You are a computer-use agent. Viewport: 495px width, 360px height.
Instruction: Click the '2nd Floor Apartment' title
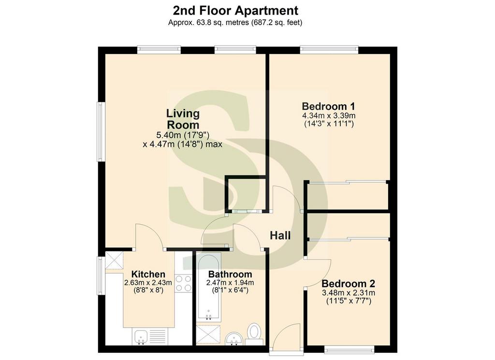(x=235, y=11)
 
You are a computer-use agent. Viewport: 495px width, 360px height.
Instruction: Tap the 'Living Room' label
(x=183, y=119)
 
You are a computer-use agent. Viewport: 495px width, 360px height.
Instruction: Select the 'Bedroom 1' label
(x=329, y=106)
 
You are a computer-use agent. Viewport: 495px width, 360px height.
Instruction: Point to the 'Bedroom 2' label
(x=348, y=283)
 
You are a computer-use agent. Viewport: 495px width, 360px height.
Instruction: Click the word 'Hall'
(x=280, y=235)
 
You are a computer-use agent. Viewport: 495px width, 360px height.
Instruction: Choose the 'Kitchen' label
(x=148, y=274)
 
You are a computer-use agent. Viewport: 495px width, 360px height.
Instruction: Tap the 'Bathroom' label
(x=230, y=274)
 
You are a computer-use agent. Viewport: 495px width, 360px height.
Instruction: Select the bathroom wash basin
(x=234, y=339)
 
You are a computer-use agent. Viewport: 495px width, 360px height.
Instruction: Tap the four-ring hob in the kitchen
(x=183, y=283)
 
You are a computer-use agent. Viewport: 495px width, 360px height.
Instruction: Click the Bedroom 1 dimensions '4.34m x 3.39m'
(x=329, y=115)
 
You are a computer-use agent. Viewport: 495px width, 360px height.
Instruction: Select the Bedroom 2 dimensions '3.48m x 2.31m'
(x=349, y=293)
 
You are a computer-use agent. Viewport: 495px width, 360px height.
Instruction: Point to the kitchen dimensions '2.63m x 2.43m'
(x=148, y=283)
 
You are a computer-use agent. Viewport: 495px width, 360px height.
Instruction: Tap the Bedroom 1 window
(x=329, y=49)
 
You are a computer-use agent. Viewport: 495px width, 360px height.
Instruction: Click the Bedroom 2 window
(x=349, y=349)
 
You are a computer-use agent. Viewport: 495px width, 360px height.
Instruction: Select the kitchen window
(x=100, y=275)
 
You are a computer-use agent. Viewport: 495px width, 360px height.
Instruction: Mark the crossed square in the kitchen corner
(x=114, y=260)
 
